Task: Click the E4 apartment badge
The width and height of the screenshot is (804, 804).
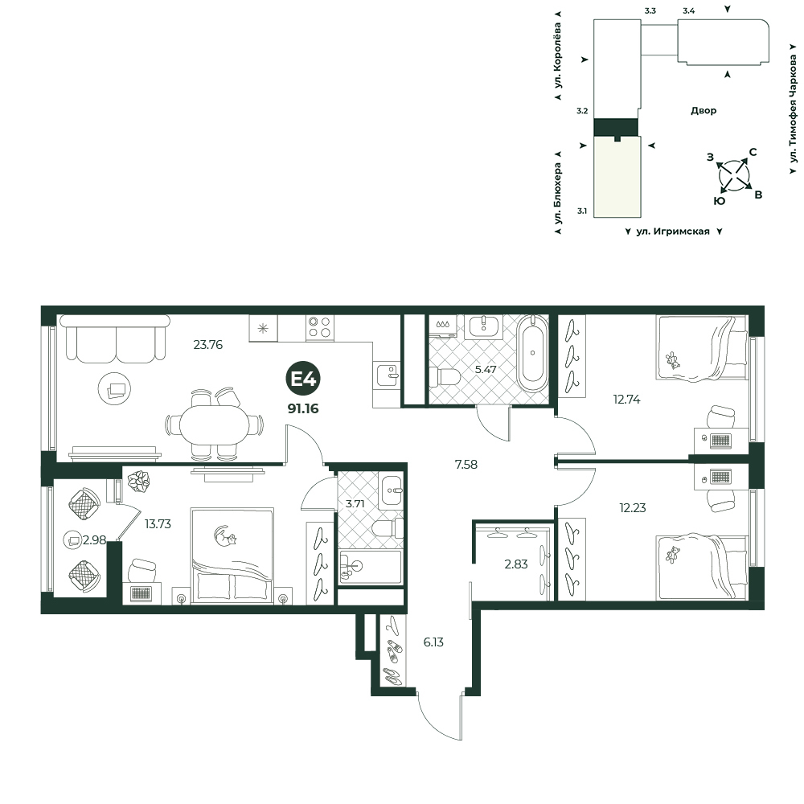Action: [304, 379]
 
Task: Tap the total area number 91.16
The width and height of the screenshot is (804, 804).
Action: [303, 408]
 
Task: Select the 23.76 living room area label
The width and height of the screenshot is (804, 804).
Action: [207, 345]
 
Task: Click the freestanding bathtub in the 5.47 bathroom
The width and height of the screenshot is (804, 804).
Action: [533, 353]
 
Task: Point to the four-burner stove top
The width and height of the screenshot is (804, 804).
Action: [320, 327]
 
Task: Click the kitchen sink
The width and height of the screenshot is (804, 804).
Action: [388, 375]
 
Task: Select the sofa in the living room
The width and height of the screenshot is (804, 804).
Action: [115, 338]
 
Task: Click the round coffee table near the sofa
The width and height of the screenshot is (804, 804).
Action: [114, 388]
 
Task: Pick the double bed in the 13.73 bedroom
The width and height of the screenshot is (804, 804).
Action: [232, 556]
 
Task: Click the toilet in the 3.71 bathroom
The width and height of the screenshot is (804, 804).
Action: [388, 528]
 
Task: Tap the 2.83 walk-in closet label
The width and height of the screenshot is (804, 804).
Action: [516, 564]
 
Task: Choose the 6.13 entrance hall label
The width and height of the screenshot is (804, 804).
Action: [433, 642]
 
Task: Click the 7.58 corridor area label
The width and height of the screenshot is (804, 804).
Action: [466, 465]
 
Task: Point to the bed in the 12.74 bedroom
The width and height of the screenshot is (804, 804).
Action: [702, 348]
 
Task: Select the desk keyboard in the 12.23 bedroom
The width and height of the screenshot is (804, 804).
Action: [721, 477]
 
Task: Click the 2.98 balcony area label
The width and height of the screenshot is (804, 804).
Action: [94, 540]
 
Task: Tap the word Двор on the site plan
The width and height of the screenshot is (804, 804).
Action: [703, 110]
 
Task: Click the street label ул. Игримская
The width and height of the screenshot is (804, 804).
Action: [673, 232]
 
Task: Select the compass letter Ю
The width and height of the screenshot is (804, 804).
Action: [720, 201]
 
